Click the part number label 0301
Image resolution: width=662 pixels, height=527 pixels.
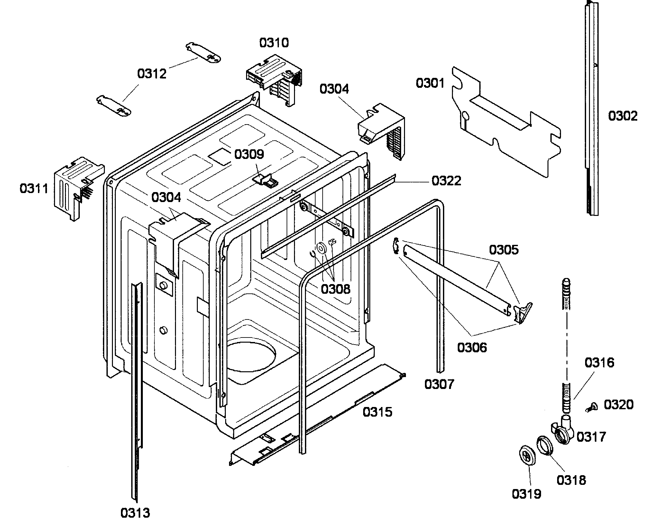click(x=430, y=83)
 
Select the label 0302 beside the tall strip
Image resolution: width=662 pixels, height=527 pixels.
click(x=622, y=116)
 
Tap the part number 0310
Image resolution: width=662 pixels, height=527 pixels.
click(x=274, y=43)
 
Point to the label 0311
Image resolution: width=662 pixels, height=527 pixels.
click(x=34, y=189)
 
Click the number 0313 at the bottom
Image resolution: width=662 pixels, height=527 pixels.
click(x=135, y=513)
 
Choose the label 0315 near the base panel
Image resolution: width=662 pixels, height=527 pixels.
click(x=378, y=412)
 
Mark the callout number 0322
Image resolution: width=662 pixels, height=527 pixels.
click(x=446, y=181)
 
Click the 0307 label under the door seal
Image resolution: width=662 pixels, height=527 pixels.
click(x=439, y=384)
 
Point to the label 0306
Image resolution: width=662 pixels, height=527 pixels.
click(x=472, y=347)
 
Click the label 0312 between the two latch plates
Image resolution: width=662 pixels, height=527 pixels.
click(x=152, y=74)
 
